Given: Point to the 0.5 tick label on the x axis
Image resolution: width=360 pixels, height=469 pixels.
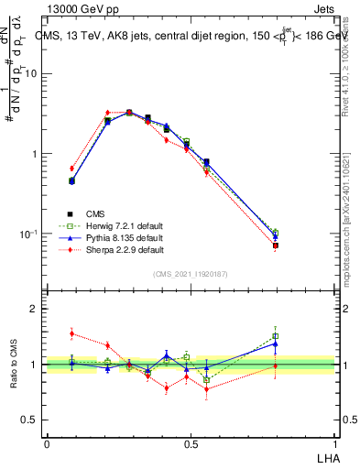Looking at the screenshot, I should pos(191,444).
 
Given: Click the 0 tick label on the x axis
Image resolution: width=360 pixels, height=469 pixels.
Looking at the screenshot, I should pos(47,444).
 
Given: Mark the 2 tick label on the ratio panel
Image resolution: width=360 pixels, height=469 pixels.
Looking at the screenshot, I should pos(35,310).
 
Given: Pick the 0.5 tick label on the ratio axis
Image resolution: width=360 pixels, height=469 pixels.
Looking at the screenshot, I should pos(30,420).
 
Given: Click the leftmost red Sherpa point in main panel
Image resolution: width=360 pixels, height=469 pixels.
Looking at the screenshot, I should pos(71,169).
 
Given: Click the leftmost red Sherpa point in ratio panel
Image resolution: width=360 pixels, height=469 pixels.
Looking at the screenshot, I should pos(71,333).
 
